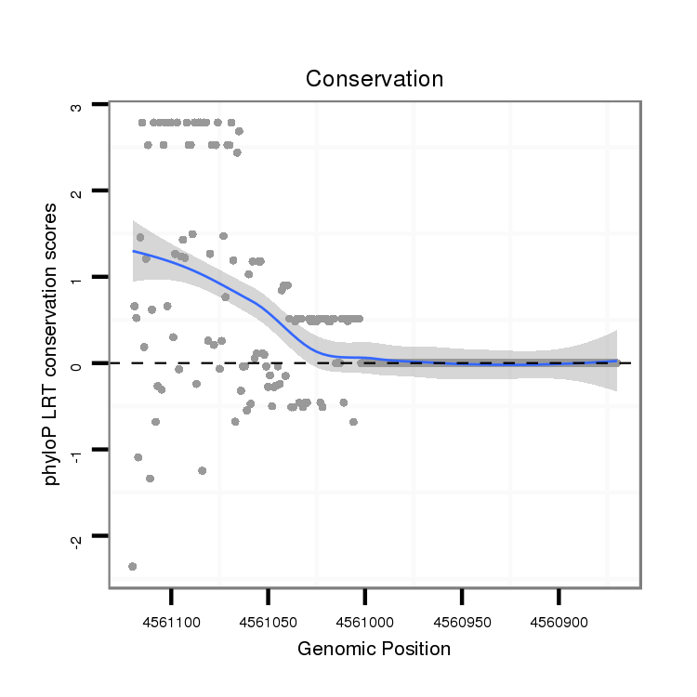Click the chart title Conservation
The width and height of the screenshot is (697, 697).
[375, 79]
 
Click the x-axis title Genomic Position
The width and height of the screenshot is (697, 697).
[374, 649]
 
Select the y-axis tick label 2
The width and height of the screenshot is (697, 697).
[76, 191]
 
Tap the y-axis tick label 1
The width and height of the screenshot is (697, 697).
[76, 278]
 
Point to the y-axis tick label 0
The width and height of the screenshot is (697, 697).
[76, 363]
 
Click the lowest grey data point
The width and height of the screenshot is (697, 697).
[133, 566]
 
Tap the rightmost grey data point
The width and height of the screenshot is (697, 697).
[616, 362]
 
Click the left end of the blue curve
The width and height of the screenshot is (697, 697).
[133, 250]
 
